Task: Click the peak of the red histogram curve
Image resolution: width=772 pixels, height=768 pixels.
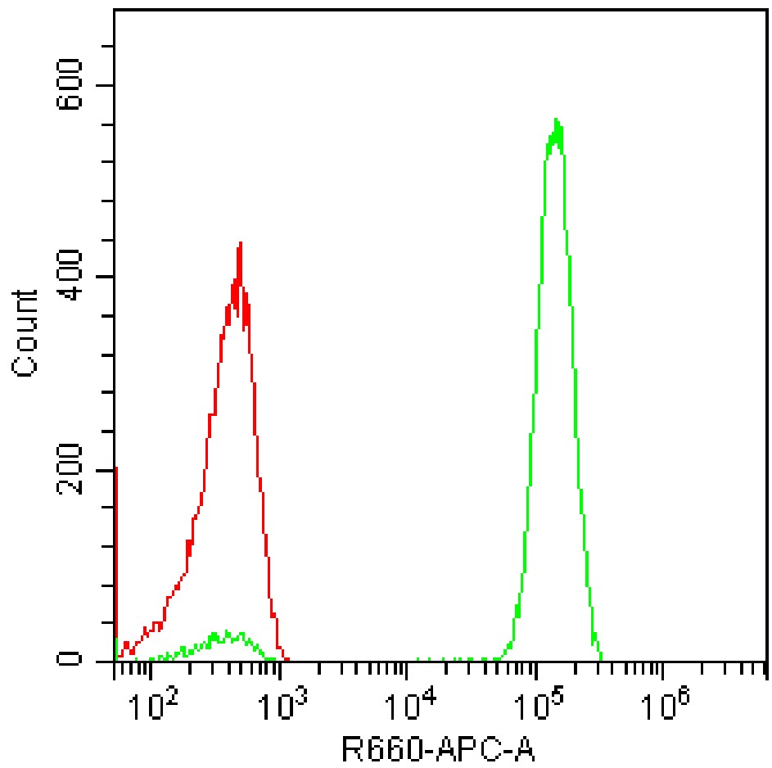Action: click(240, 244)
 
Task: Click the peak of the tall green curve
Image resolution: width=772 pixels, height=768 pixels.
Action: click(557, 121)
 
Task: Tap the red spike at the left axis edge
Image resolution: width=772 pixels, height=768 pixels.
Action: click(116, 557)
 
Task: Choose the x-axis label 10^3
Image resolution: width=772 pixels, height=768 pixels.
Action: click(283, 702)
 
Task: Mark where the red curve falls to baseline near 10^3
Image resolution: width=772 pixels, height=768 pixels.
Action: click(286, 659)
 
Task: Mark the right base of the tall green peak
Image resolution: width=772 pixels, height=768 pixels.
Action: click(601, 658)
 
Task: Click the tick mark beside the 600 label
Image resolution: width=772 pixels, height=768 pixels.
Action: click(107, 86)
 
